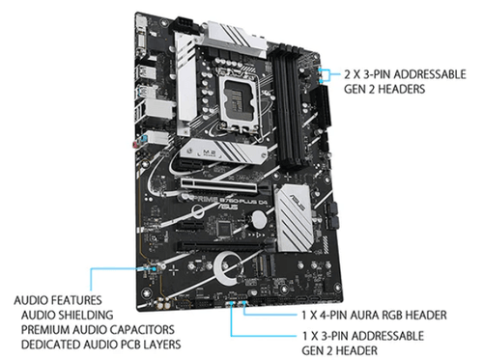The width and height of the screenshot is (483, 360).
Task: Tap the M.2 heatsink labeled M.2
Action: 224,151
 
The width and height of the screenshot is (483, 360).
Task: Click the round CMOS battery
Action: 258,219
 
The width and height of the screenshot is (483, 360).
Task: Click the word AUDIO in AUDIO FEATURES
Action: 31,300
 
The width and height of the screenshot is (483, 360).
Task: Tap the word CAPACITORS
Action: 141,330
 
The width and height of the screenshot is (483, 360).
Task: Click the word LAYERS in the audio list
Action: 162,345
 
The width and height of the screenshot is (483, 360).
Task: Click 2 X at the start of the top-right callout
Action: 353,74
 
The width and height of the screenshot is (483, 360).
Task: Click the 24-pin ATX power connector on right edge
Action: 325,107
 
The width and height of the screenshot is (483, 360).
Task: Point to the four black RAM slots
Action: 288,106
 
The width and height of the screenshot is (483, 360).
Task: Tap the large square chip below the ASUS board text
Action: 224,228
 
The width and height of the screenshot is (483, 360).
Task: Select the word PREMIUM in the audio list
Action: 45,330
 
